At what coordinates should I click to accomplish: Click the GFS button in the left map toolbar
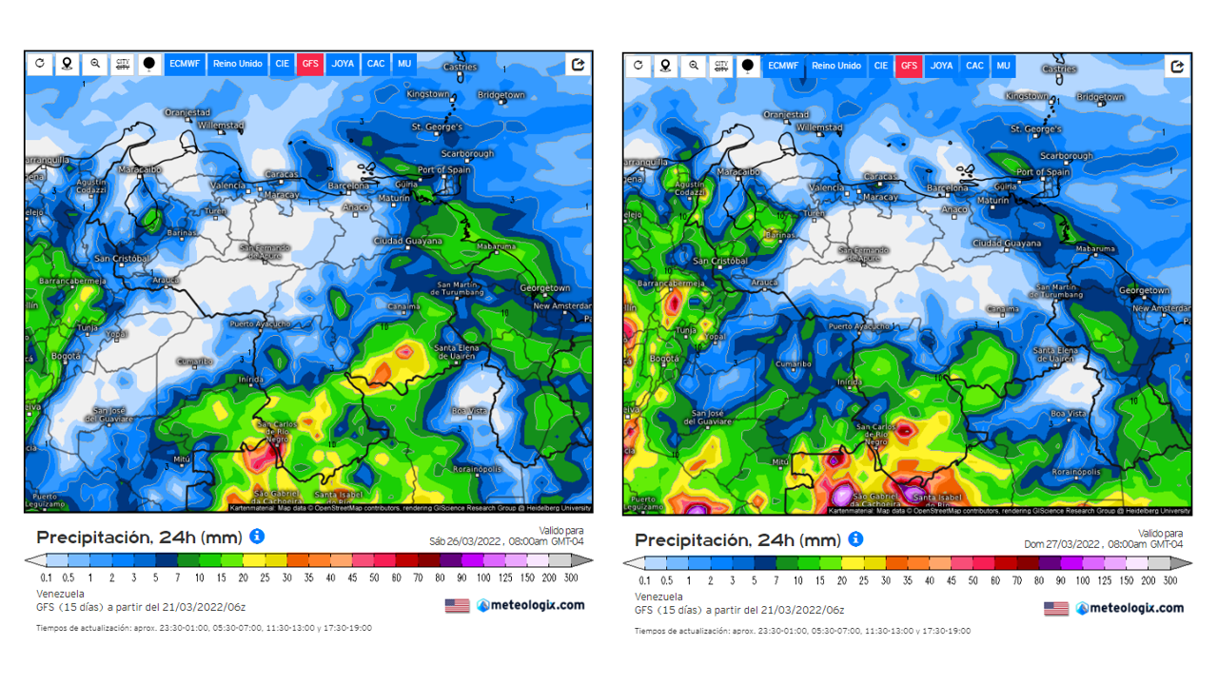pos(309,64)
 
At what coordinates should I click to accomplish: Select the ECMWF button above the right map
pos(783,66)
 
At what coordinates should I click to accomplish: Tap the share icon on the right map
pos(1177,66)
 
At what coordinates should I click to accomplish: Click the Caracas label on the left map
pos(282,175)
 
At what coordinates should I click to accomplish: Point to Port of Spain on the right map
pos(1043,172)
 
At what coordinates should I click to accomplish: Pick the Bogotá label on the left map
pos(66,356)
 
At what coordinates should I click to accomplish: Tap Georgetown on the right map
pos(1144,290)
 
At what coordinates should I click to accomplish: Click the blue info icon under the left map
pos(257,537)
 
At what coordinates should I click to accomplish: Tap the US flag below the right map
pos(1056,608)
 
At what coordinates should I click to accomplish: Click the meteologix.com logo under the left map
pos(531,605)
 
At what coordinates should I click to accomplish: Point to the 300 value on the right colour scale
pos(1170,580)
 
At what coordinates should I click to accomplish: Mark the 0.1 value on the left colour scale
pos(47,577)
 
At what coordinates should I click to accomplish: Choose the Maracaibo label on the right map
pos(741,172)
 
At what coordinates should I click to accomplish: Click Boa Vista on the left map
pos(469,411)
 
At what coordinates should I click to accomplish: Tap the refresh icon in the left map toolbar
pos(40,64)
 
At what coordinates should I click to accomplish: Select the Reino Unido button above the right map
pos(836,66)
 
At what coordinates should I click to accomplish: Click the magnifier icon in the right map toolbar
pos(694,66)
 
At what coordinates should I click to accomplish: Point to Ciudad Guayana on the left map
pos(408,241)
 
